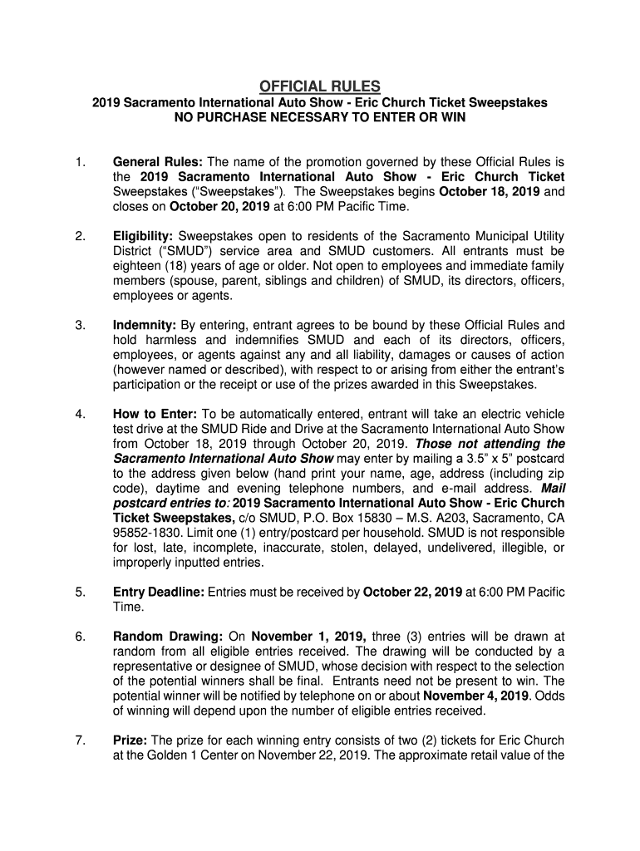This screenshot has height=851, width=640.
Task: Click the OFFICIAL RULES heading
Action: click(319, 86)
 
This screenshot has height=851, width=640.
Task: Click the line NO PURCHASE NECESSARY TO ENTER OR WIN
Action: click(319, 118)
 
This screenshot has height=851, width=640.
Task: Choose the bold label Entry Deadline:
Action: click(158, 593)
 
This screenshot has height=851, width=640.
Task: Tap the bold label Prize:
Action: click(130, 740)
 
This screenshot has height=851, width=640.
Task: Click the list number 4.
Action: click(79, 414)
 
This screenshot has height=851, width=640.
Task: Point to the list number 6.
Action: click(79, 637)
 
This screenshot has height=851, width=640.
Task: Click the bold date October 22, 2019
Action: click(413, 593)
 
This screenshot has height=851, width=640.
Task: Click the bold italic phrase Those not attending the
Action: click(490, 444)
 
